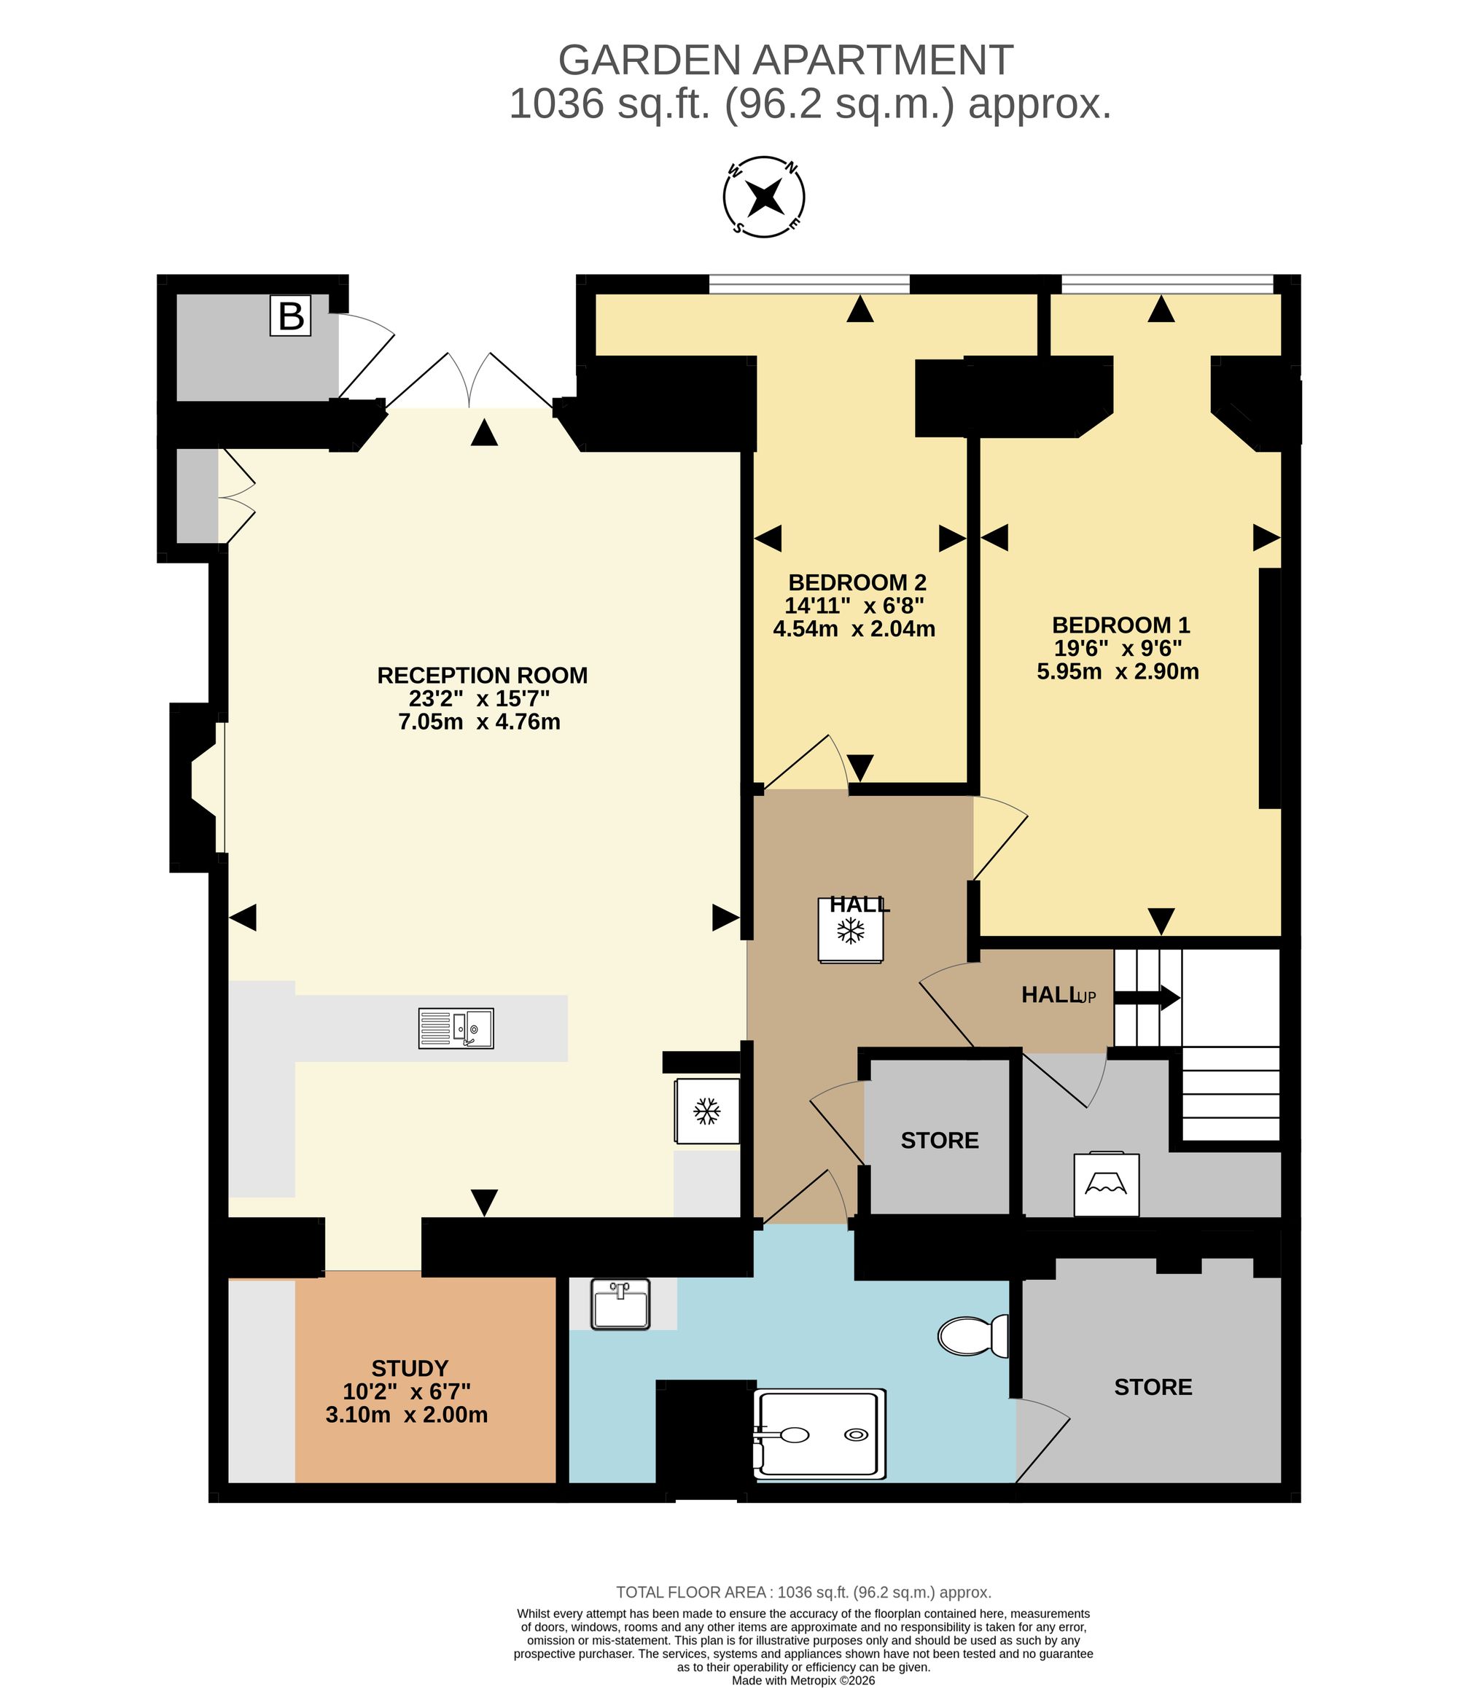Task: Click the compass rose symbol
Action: coord(764,197)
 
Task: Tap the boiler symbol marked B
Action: coord(291,316)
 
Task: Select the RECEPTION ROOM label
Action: coord(482,676)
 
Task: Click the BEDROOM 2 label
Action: coord(857,582)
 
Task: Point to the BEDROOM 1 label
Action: coord(1120,625)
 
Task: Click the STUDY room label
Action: coord(410,1368)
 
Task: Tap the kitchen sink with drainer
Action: coord(456,1028)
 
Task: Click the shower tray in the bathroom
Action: coord(819,1434)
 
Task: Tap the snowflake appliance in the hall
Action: coord(851,930)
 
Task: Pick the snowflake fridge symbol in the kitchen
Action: coord(706,1111)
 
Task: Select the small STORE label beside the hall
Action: coord(940,1141)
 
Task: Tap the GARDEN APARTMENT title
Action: coord(786,60)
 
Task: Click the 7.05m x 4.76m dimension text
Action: coord(479,722)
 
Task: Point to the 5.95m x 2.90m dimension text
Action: coord(1118,671)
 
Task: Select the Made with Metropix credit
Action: coord(803,1681)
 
